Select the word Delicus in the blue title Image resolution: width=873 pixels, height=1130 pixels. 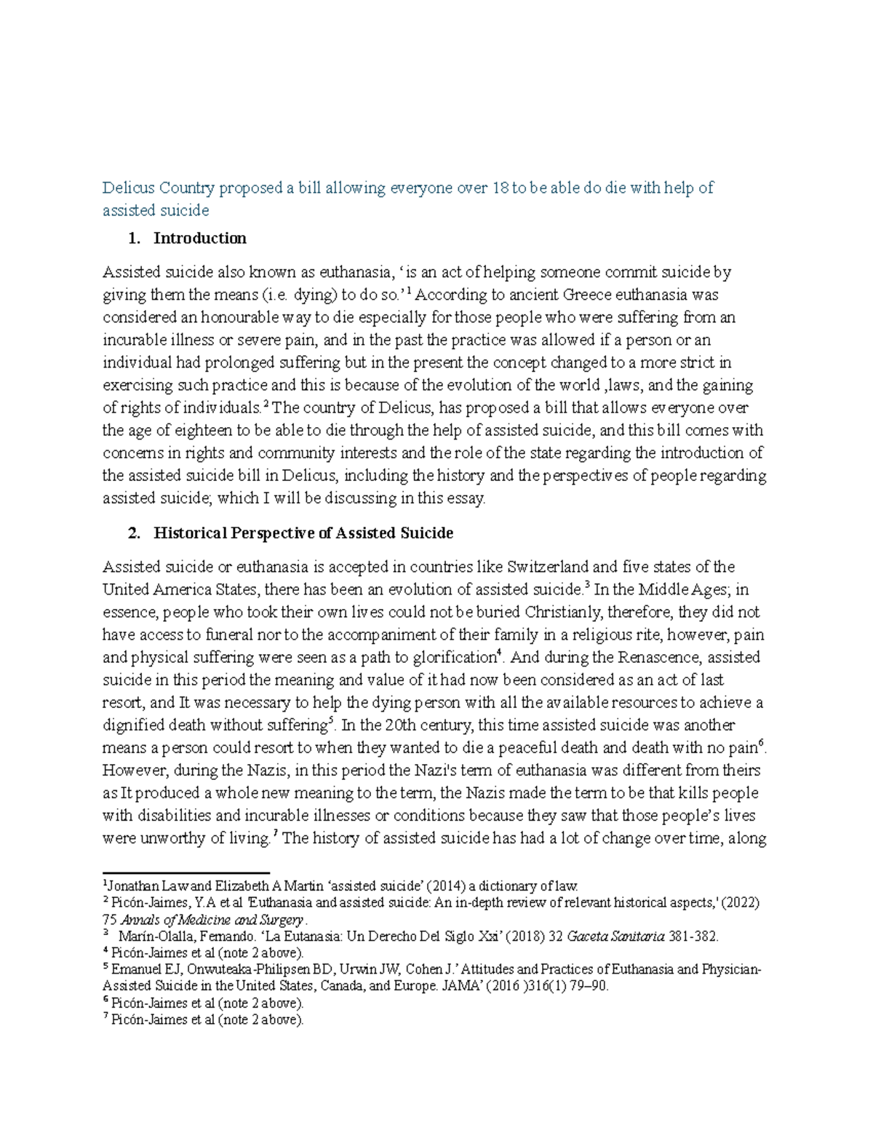point(129,188)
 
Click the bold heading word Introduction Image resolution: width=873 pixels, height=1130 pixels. point(199,238)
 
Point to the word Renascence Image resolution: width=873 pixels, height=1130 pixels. point(660,658)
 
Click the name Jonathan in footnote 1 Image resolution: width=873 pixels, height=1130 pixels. point(131,886)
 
